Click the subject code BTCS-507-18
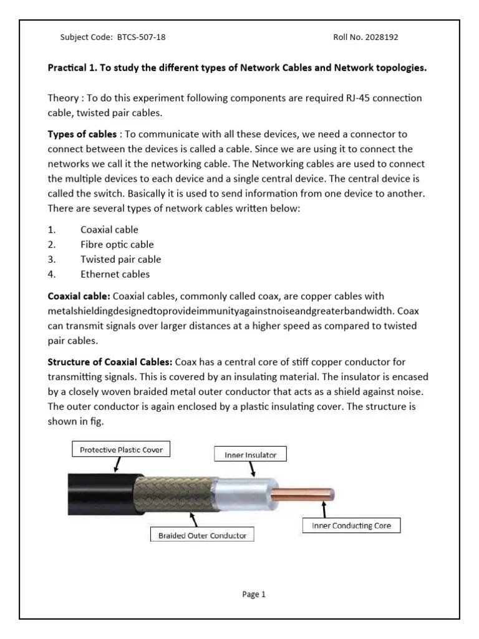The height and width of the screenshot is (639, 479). coord(141,37)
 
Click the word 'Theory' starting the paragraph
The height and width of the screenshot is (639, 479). coord(63,99)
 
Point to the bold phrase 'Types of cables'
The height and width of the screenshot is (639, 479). coord(82,134)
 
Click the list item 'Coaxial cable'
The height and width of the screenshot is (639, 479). coord(109,230)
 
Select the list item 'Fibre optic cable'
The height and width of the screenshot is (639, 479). coord(117,245)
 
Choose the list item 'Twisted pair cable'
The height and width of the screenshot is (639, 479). coord(120,259)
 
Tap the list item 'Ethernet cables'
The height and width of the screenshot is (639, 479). coord(115,274)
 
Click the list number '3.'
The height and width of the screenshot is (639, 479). coord(52,259)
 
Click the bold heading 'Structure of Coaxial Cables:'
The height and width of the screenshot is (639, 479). coord(110,362)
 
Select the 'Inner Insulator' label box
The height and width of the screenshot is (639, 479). coord(250,455)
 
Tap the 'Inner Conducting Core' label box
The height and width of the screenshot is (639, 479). coord(351,526)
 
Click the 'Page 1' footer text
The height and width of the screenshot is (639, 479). coord(254,595)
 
